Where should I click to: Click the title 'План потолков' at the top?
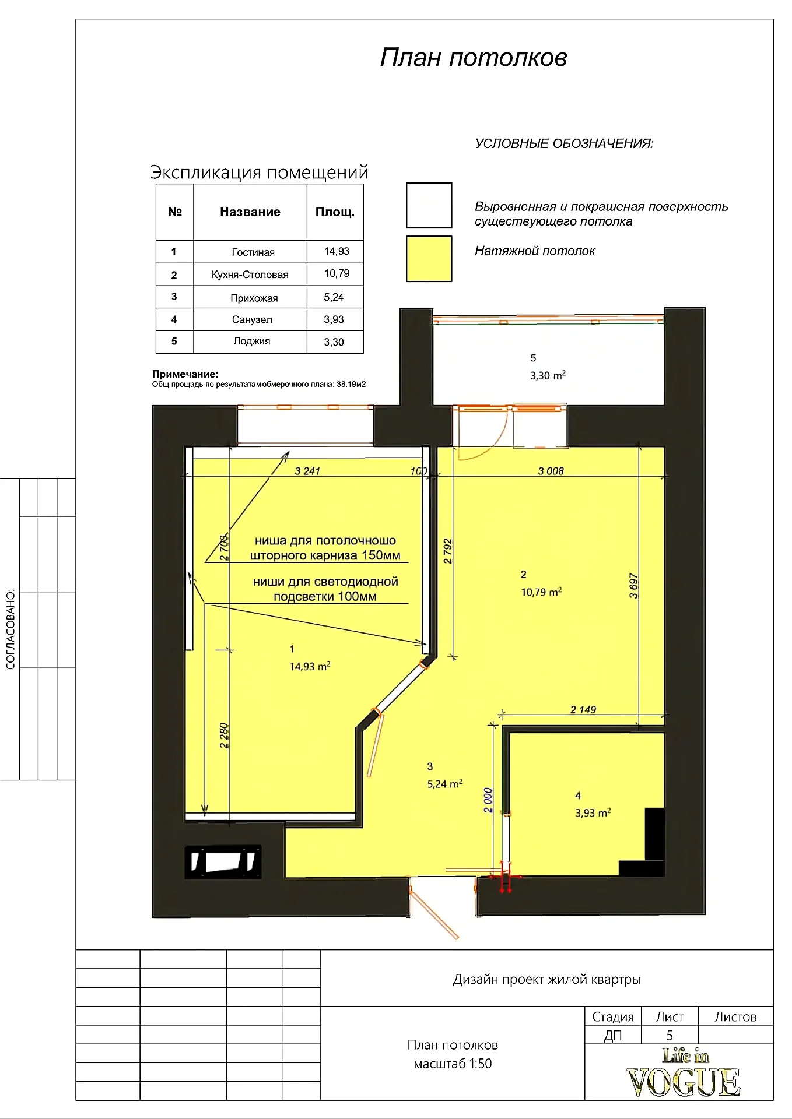pos(474,58)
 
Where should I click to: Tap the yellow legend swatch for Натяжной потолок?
pos(429,259)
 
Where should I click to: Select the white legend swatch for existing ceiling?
pos(429,205)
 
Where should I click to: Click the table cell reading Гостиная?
pos(253,252)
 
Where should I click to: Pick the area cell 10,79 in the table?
pos(337,273)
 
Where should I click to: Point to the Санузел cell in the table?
pos(252,319)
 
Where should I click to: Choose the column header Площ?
pos(335,212)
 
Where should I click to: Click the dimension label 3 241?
pos(307,471)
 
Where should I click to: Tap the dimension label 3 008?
pos(551,471)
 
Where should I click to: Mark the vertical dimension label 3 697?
pos(634,586)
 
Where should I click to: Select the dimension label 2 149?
pos(583,709)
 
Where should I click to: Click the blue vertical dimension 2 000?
pos(489,800)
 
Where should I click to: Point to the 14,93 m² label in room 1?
pos(310,666)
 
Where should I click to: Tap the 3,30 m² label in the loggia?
pos(548,376)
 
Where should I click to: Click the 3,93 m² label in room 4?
pos(593,812)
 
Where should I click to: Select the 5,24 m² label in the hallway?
pos(445,784)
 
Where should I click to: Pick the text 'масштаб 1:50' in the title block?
pos(453,1064)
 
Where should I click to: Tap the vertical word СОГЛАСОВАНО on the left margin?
pos(10,629)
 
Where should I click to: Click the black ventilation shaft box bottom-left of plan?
pos(223,862)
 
